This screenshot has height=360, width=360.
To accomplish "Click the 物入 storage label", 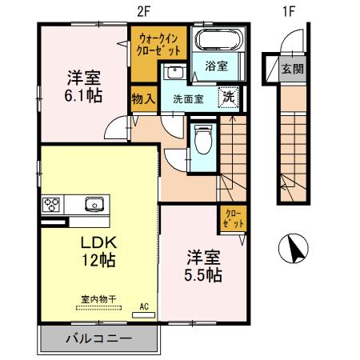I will pos(143,99).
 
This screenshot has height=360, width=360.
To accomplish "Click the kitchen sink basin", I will pos(92,203).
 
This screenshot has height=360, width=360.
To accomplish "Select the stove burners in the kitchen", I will pos(52,203).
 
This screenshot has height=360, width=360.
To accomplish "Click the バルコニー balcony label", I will pos(98,339).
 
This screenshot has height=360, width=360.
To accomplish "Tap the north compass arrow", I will pos(295,250).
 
